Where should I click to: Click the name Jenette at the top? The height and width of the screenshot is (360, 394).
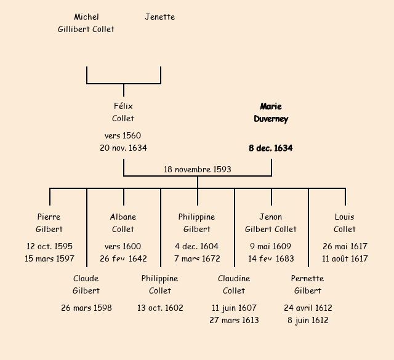click(x=159, y=17)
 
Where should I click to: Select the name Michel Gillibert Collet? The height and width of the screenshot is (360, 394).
click(x=86, y=23)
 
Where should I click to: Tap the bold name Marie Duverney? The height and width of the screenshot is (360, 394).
click(x=271, y=113)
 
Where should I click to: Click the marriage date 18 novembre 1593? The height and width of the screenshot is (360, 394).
click(x=198, y=169)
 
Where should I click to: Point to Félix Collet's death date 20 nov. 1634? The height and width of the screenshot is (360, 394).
click(x=123, y=148)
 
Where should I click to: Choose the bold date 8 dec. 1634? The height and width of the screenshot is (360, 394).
click(x=271, y=148)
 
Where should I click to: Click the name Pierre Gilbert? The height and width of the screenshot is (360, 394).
click(x=49, y=223)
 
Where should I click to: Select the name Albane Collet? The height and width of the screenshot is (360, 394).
click(x=123, y=223)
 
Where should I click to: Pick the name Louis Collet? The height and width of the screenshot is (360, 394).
click(x=345, y=223)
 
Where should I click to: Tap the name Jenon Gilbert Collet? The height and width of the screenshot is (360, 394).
click(x=271, y=223)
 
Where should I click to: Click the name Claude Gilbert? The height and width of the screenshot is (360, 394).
click(x=86, y=284)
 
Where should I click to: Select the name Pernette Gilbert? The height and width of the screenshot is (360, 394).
click(x=308, y=284)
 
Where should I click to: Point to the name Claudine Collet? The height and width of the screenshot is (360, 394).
click(x=234, y=284)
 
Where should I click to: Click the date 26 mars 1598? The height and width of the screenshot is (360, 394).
click(x=86, y=308)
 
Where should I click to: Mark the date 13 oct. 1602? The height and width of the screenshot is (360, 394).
click(x=160, y=308)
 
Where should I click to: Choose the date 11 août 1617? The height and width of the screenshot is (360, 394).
click(x=345, y=259)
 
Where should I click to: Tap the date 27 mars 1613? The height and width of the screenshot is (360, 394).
click(x=234, y=320)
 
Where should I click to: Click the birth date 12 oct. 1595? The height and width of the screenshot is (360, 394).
click(x=49, y=247)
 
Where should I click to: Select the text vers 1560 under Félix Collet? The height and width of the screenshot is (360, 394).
click(x=123, y=136)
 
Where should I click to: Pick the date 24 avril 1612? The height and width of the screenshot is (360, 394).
click(x=308, y=308)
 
